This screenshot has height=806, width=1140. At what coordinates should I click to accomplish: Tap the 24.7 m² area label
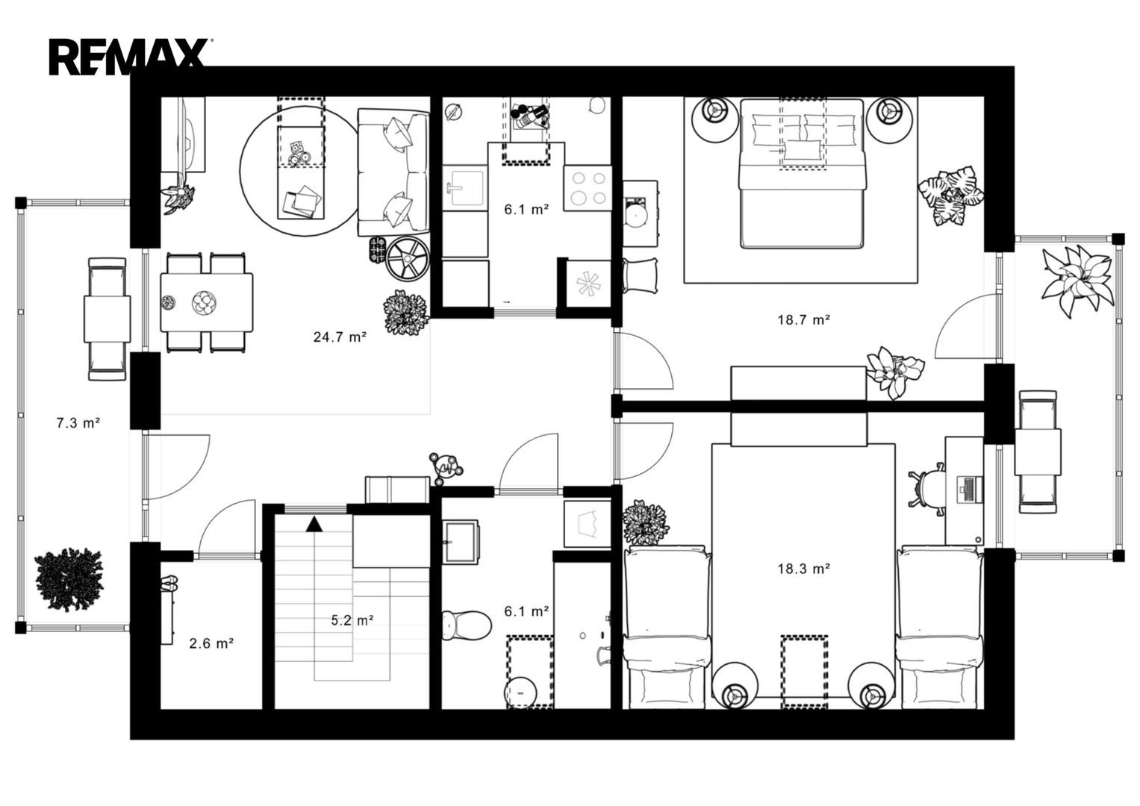point(340,337)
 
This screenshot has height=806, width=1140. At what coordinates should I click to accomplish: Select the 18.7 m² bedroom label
point(803,319)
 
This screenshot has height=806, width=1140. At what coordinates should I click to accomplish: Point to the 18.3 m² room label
point(803,569)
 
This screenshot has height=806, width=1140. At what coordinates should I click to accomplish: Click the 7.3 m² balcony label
point(78,423)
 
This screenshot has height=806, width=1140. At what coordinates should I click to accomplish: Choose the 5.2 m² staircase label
point(352,620)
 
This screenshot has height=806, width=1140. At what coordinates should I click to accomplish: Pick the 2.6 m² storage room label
point(211,643)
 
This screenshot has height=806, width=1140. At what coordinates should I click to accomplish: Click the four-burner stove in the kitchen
point(588,188)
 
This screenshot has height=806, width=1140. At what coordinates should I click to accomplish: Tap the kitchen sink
point(464,187)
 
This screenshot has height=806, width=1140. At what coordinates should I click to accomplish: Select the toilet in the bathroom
point(466,625)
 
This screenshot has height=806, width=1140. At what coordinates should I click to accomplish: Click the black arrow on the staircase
point(314,524)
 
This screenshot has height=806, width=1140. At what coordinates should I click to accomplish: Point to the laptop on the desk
point(970,490)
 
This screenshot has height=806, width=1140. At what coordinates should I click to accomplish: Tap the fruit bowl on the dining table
point(204,303)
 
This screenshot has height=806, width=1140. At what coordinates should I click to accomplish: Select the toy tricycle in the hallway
point(445,468)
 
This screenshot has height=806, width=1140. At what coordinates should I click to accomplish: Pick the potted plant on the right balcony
point(1077,281)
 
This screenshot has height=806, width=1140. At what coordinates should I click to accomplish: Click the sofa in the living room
point(393,172)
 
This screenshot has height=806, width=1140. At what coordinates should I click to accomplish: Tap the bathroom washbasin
point(460,542)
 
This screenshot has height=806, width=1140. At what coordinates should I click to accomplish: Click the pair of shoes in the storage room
point(169,583)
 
